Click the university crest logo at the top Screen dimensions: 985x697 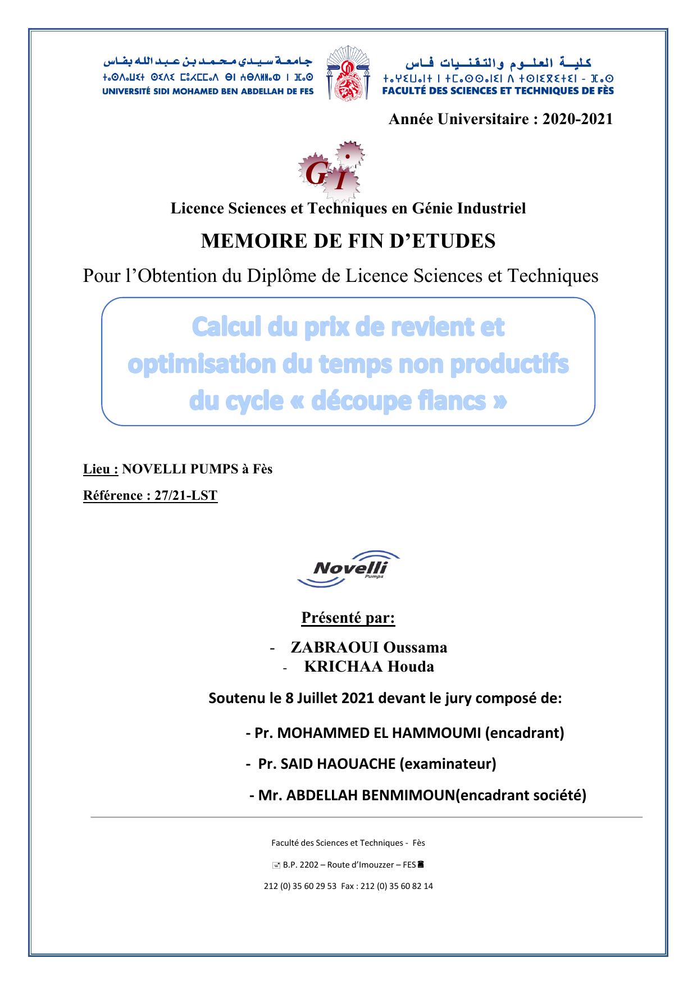(x=348, y=74)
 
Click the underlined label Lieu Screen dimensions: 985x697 (x=101, y=469)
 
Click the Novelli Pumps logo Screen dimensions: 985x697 (x=349, y=568)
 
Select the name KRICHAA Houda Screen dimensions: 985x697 (x=369, y=667)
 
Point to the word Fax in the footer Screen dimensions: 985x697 (x=348, y=886)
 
